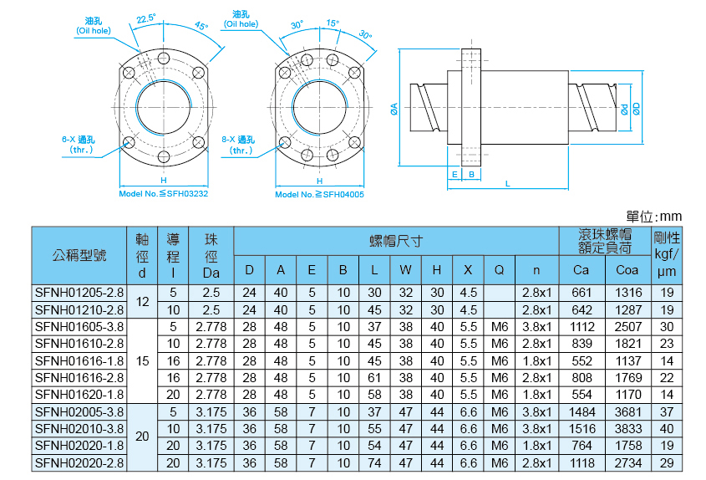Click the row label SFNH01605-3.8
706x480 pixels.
[x=79, y=326]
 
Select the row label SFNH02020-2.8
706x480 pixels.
[x=79, y=462]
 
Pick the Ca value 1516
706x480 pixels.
[x=581, y=428]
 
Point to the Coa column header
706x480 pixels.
[x=627, y=269]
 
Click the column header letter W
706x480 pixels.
[x=405, y=269]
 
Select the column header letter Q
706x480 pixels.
[x=499, y=269]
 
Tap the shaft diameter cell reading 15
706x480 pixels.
[x=142, y=360]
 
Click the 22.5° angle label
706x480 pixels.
[x=147, y=17]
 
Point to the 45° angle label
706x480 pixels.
[x=201, y=26]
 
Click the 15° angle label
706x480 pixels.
[x=333, y=23]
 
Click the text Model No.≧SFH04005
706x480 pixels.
[x=319, y=194]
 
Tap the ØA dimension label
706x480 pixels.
[x=394, y=106]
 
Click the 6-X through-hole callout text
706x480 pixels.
[x=78, y=144]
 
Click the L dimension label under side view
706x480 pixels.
[x=507, y=182]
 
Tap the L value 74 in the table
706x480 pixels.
[x=374, y=462]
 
